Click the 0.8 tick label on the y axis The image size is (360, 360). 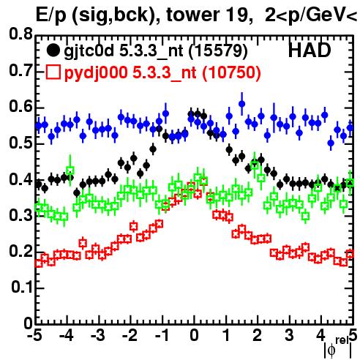20,34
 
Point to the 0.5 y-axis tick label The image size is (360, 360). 20,143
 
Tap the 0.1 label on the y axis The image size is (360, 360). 21,288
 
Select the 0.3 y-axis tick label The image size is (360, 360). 20,215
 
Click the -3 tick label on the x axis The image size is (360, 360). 98,335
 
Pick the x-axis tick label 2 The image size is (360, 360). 258,335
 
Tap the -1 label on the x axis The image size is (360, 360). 162,335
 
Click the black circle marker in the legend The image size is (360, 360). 53,50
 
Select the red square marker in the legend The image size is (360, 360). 53,72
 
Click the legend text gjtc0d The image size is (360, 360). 89,52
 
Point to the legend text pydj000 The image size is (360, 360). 96,73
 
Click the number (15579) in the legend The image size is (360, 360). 218,50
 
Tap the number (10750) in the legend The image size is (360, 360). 231,72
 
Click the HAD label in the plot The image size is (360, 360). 310,50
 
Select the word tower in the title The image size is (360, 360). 192,15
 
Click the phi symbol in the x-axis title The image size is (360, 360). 331,350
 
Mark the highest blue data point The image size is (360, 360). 241,104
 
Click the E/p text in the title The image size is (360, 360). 50,15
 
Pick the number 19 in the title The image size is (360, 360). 238,15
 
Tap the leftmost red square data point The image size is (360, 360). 39,263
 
